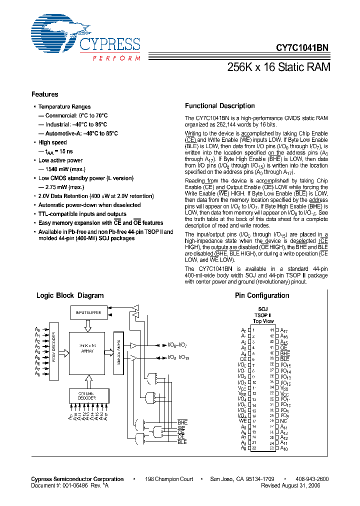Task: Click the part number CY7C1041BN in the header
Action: [x=302, y=49]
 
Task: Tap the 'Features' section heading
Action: [x=44, y=94]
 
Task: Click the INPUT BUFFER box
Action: [x=88, y=312]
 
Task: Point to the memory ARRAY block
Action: [x=87, y=351]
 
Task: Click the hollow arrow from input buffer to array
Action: [x=88, y=326]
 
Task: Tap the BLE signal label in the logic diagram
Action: [x=181, y=442]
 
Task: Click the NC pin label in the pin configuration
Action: [x=283, y=421]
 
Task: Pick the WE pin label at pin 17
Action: [x=243, y=421]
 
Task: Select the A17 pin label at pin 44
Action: [x=283, y=330]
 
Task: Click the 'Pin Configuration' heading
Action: [x=262, y=295]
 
